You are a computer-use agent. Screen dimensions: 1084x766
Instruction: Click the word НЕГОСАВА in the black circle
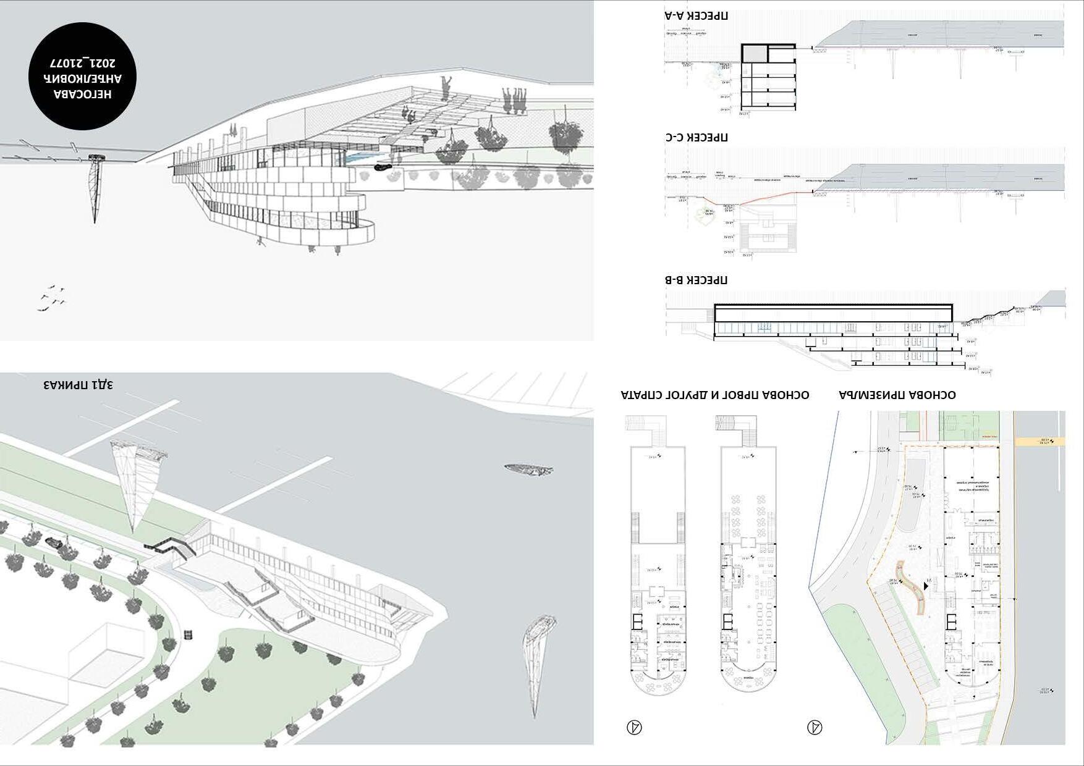pos(82,94)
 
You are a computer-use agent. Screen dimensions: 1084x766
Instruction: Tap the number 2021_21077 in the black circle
pos(82,64)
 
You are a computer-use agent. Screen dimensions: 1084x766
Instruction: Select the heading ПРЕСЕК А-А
pos(696,15)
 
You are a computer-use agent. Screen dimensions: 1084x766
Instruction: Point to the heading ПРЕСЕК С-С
pos(696,137)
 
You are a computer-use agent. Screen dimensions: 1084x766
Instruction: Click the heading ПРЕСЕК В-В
pos(696,280)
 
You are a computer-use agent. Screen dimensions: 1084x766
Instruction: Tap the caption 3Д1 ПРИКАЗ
pos(78,385)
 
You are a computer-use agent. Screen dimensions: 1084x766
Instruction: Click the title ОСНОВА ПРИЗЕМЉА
pos(897,395)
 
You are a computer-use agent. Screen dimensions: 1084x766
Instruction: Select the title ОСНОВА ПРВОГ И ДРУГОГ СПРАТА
pos(715,395)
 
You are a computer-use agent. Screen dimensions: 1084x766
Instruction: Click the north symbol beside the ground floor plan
pos(815,727)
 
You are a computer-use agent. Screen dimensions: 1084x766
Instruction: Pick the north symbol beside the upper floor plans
pos(634,727)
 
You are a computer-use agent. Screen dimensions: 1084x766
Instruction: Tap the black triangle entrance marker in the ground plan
pos(926,586)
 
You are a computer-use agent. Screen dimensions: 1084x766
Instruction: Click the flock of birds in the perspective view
pos(53,297)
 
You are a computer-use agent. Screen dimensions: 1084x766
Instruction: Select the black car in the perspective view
pos(383,166)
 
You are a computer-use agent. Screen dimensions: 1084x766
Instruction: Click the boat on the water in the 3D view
pos(528,470)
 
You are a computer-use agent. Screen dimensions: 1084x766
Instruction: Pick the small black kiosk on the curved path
pos(188,634)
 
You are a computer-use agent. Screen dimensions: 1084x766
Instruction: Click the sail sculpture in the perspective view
pos(95,185)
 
